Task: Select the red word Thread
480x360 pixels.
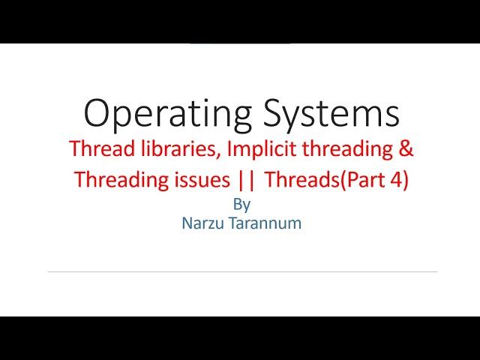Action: (x=95, y=148)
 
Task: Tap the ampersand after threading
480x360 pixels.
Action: (x=406, y=148)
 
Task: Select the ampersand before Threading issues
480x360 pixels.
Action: (x=81, y=181)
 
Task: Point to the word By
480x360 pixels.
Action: (x=241, y=204)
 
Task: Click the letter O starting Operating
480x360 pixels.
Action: (x=99, y=114)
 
